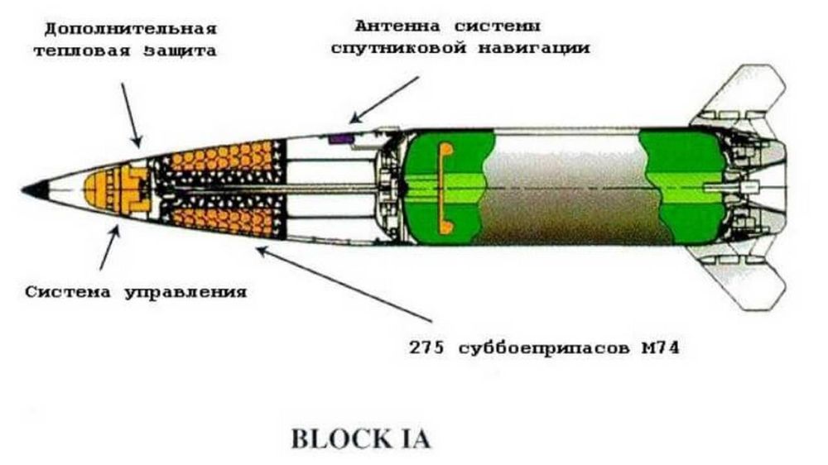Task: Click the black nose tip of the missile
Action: (35, 189)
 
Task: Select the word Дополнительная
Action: (131, 28)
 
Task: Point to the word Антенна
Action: (397, 26)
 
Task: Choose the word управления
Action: (185, 292)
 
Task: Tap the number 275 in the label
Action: (427, 348)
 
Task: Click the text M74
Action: (660, 348)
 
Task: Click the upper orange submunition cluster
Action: (222, 156)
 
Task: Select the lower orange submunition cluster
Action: (222, 222)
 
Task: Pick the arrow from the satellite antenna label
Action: (385, 100)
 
